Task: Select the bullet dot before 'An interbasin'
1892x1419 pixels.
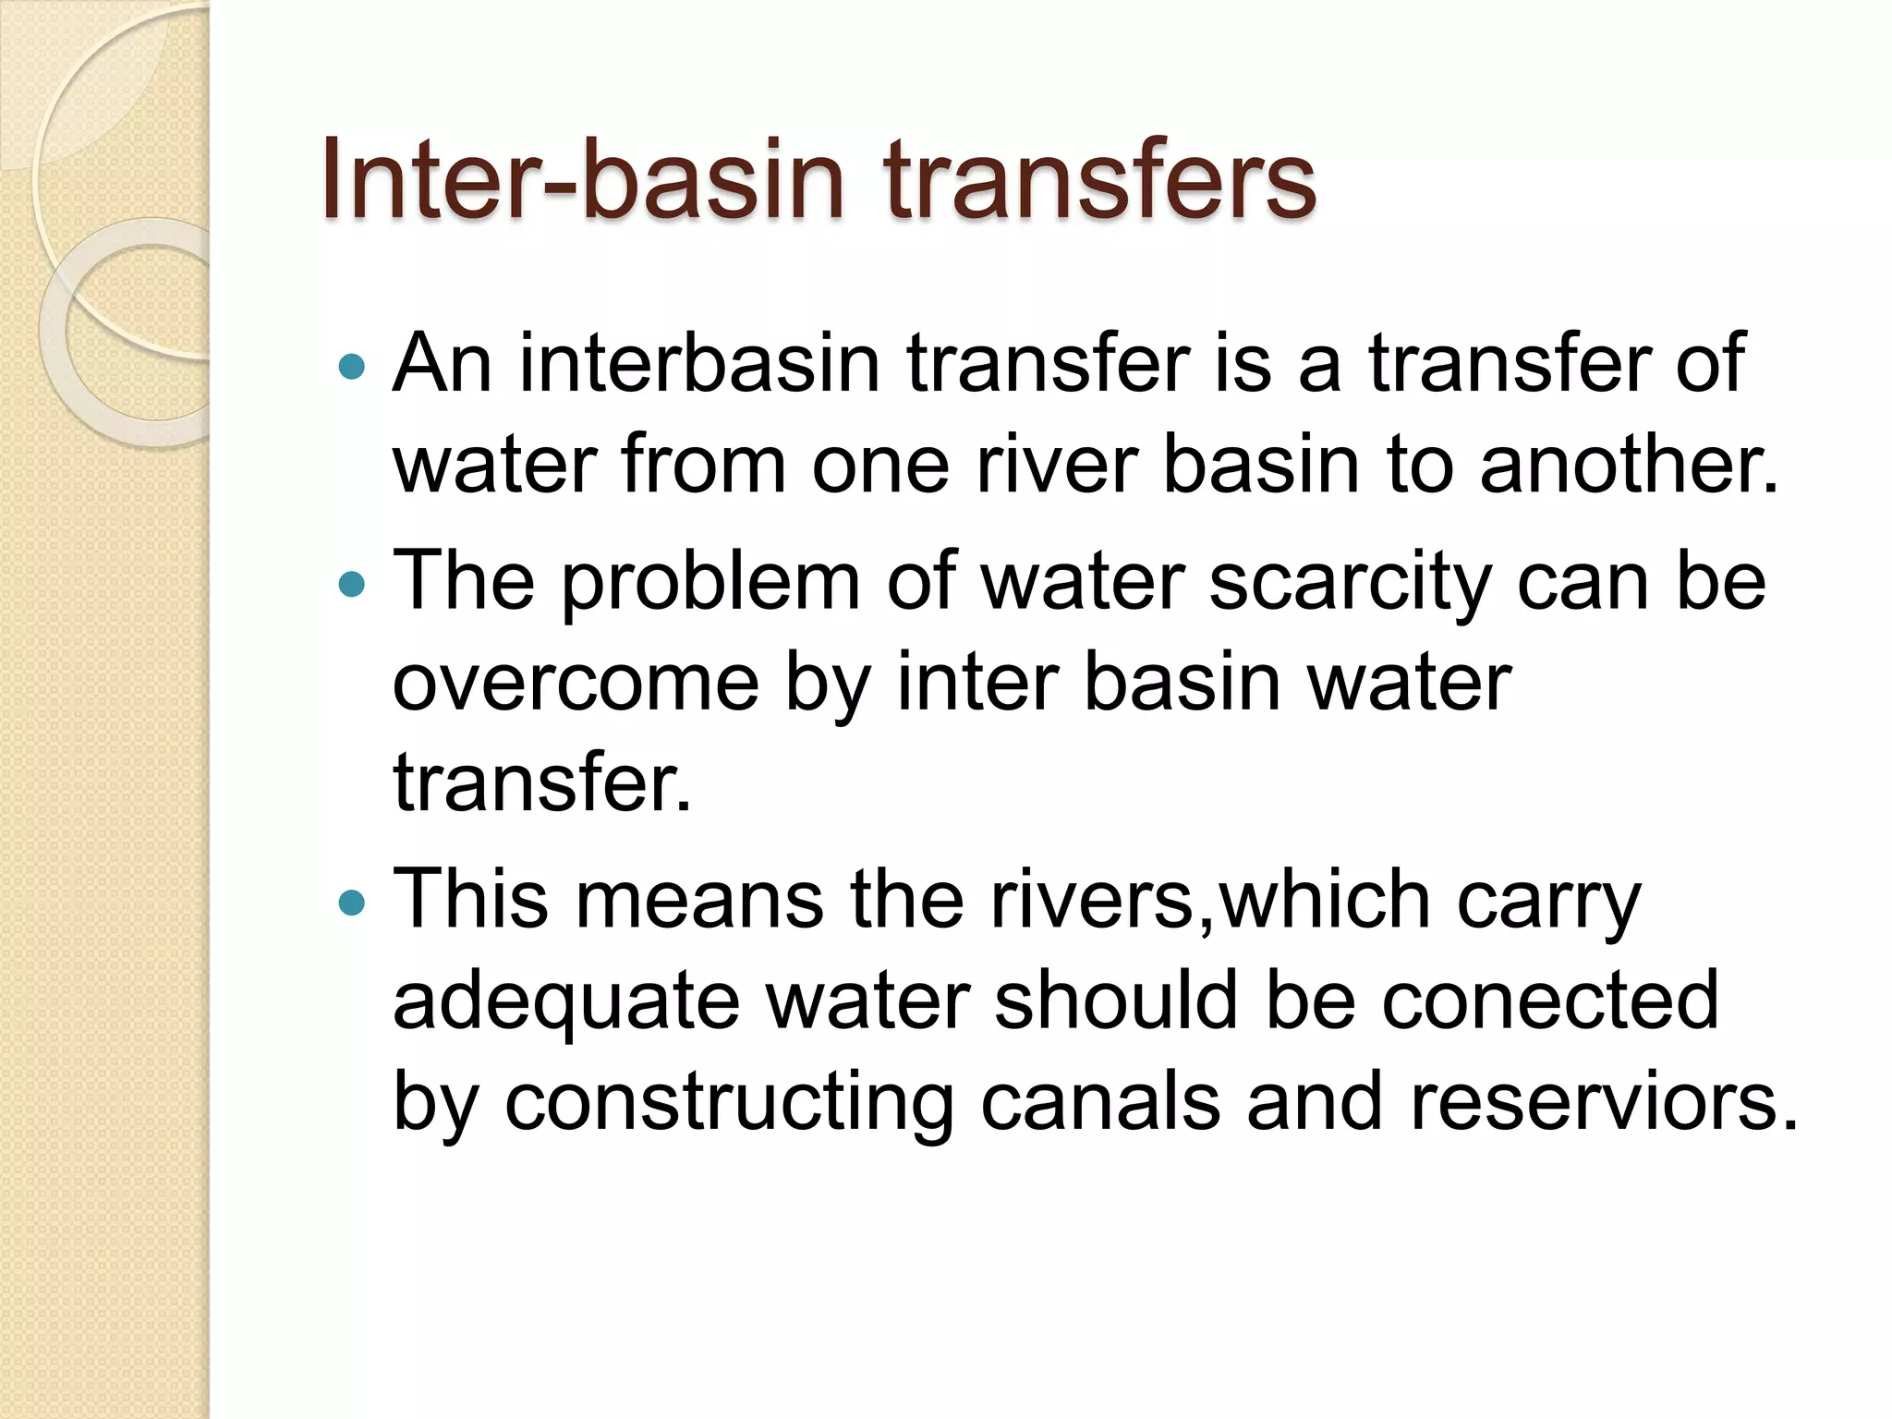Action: [x=352, y=367]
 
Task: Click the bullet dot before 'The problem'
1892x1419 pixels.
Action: [x=352, y=584]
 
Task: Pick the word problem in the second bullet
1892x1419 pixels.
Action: [x=710, y=584]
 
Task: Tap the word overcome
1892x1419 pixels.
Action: [x=576, y=685]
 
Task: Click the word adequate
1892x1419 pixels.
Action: [x=566, y=1002]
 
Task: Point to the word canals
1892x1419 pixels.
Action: [x=1100, y=1102]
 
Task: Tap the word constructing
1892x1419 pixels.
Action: [x=729, y=1102]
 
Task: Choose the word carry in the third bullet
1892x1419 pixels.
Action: [x=1548, y=903]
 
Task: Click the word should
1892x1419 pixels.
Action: [x=1115, y=1002]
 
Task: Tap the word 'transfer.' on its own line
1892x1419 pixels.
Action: [x=542, y=784]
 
